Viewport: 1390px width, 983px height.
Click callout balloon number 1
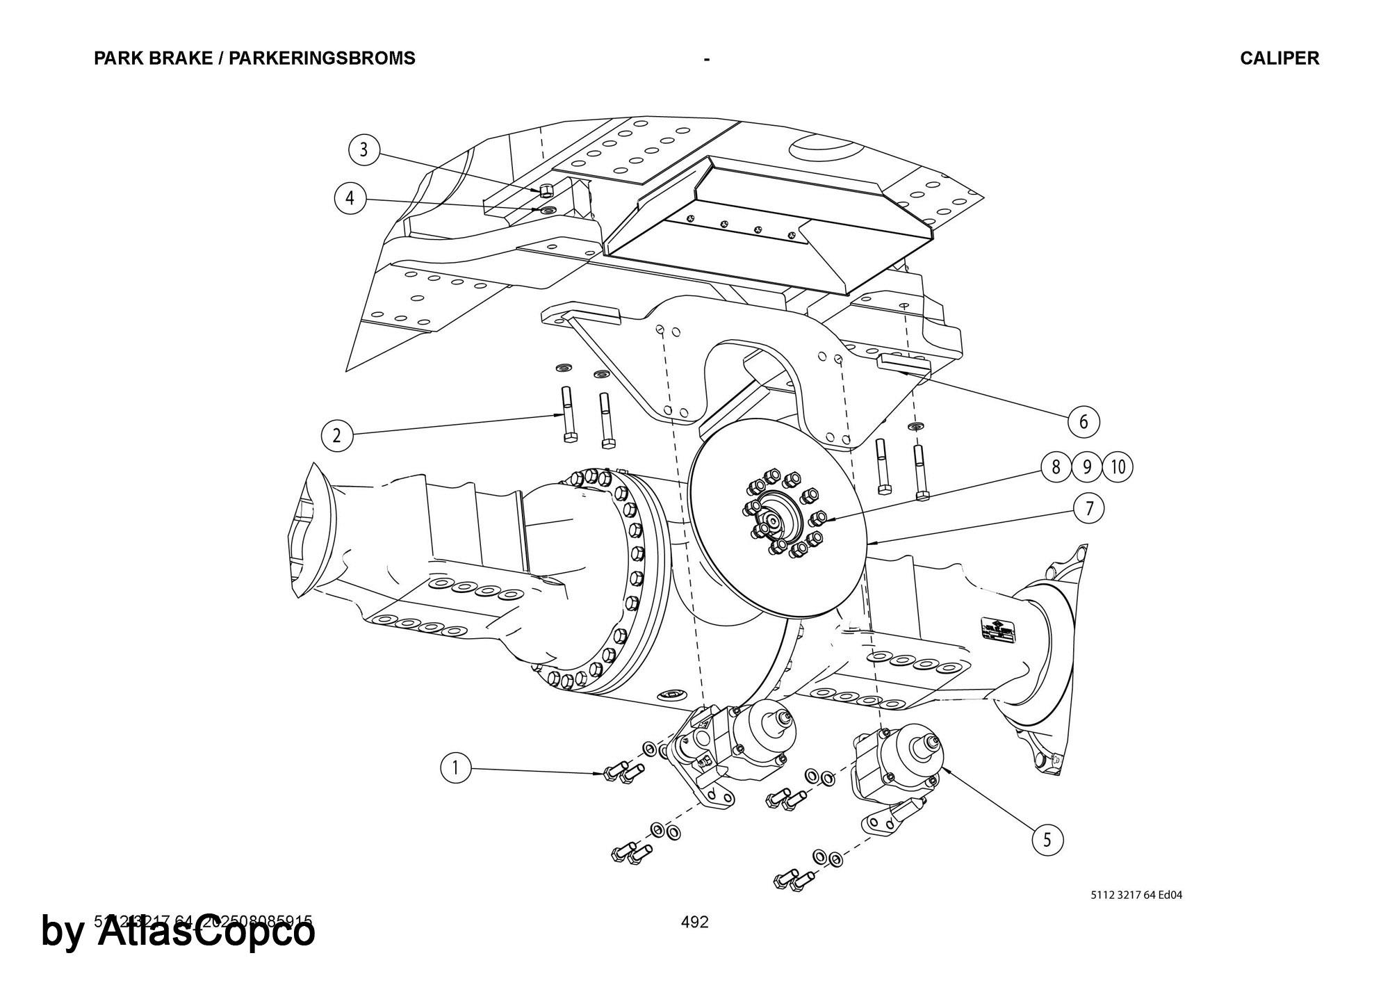pos(456,768)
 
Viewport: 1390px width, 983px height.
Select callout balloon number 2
pos(337,436)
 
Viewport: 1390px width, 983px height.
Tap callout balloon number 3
pos(363,150)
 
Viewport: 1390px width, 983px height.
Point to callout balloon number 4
pos(350,199)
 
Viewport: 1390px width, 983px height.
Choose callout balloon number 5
pos(1047,840)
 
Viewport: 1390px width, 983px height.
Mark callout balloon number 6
pos(1084,421)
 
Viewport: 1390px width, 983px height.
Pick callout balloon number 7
pos(1089,509)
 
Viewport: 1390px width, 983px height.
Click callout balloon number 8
pos(1056,466)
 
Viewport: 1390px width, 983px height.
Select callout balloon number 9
pos(1087,466)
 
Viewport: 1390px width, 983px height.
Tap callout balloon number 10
pos(1118,466)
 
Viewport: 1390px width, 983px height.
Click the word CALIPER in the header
pos(1279,58)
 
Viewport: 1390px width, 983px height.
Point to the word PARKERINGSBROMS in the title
pos(322,58)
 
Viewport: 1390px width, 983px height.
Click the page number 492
pos(695,922)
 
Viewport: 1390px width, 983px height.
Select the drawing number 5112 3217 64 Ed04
pos(1136,895)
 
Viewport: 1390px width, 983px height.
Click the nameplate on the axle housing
pos(998,630)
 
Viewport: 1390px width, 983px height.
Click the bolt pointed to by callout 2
pos(566,414)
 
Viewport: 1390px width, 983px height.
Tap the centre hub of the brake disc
pos(774,520)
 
